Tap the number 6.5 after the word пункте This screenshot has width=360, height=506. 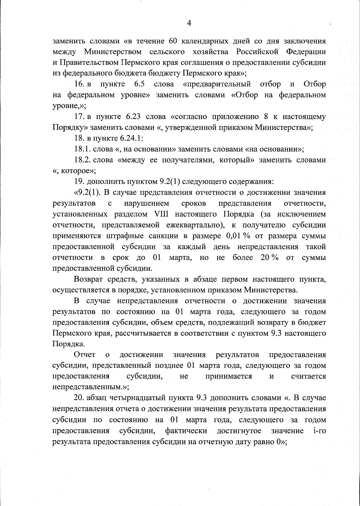click(x=140, y=84)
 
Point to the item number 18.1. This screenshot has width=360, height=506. click(x=82, y=149)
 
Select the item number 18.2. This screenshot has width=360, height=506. click(x=82, y=160)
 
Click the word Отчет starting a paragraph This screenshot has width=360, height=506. click(x=85, y=355)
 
